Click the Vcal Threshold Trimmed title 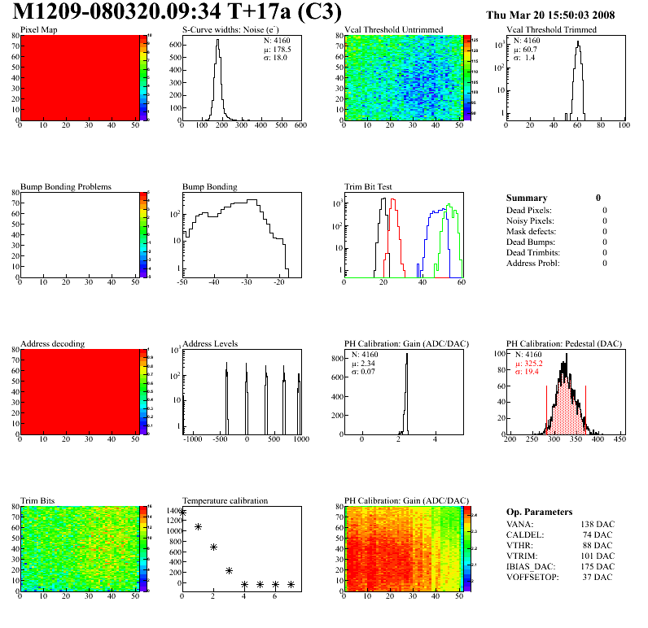551,30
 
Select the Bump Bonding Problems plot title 66,187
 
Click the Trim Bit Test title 369,187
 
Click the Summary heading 527,198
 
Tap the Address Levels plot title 210,344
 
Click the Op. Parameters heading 539,512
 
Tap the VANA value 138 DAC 598,525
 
